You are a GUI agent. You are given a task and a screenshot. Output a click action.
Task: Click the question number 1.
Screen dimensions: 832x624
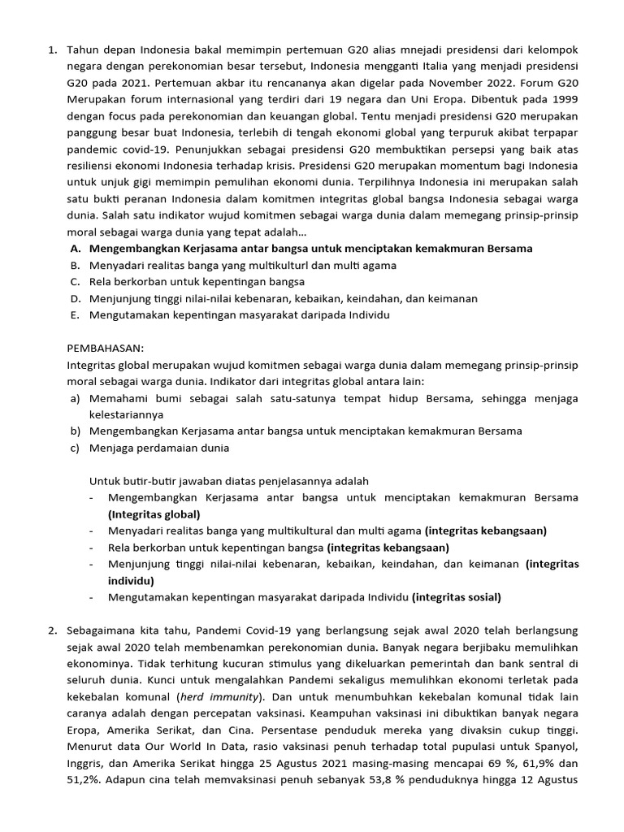(x=51, y=50)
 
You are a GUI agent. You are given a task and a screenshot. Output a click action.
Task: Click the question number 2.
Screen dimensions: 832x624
(x=51, y=630)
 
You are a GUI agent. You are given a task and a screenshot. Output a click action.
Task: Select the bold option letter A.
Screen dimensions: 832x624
(x=75, y=249)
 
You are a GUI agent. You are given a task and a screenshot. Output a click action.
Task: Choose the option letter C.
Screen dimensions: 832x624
(x=74, y=282)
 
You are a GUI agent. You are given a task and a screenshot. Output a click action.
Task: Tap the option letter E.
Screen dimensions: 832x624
(x=74, y=315)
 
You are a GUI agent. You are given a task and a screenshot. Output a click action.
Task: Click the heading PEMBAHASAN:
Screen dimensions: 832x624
(x=105, y=348)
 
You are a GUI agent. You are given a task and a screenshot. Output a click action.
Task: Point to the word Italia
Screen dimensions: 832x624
(x=440, y=67)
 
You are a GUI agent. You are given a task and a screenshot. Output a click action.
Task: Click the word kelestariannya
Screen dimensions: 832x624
(x=126, y=414)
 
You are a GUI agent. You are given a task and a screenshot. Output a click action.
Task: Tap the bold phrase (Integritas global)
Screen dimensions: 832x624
(x=154, y=514)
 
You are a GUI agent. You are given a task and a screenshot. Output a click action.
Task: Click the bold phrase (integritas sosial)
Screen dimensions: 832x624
(x=457, y=597)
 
